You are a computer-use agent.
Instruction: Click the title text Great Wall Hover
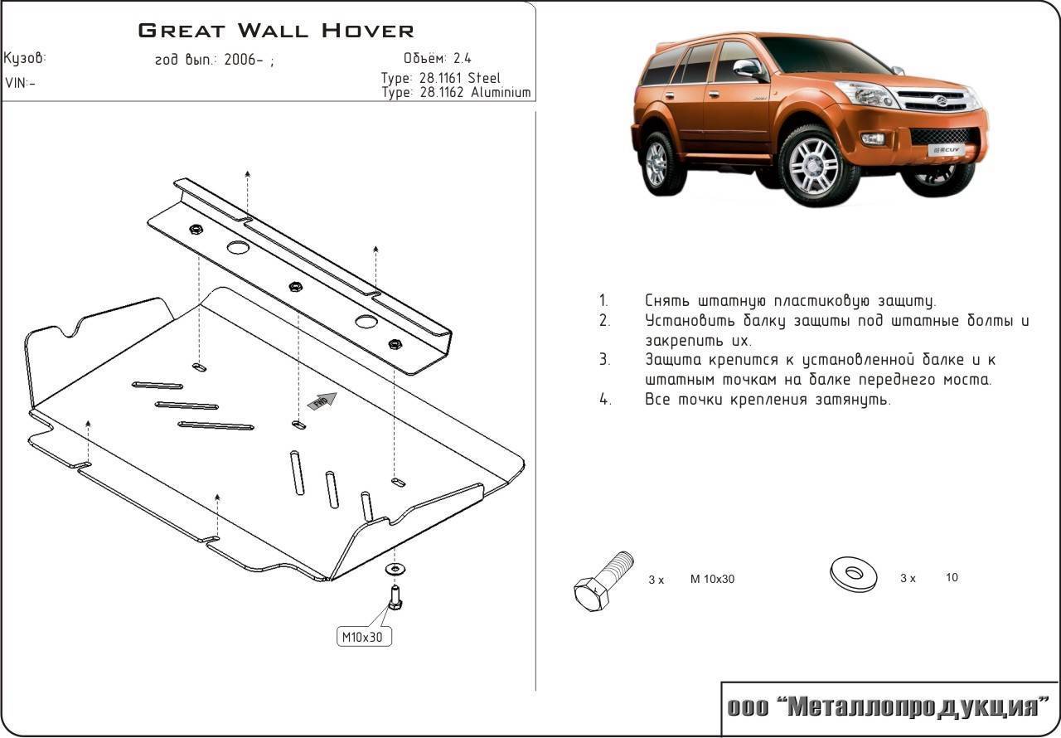276,32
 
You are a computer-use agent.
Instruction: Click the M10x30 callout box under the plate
364,637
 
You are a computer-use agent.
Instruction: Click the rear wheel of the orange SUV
656,163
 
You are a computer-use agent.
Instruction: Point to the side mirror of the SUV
748,69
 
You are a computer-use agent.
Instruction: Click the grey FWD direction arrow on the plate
322,401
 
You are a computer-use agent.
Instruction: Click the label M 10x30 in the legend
712,579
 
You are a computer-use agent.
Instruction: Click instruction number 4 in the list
605,400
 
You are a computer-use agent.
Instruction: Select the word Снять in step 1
667,301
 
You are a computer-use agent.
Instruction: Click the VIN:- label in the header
21,83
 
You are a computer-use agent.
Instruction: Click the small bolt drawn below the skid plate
395,595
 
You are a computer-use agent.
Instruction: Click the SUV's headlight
867,95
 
